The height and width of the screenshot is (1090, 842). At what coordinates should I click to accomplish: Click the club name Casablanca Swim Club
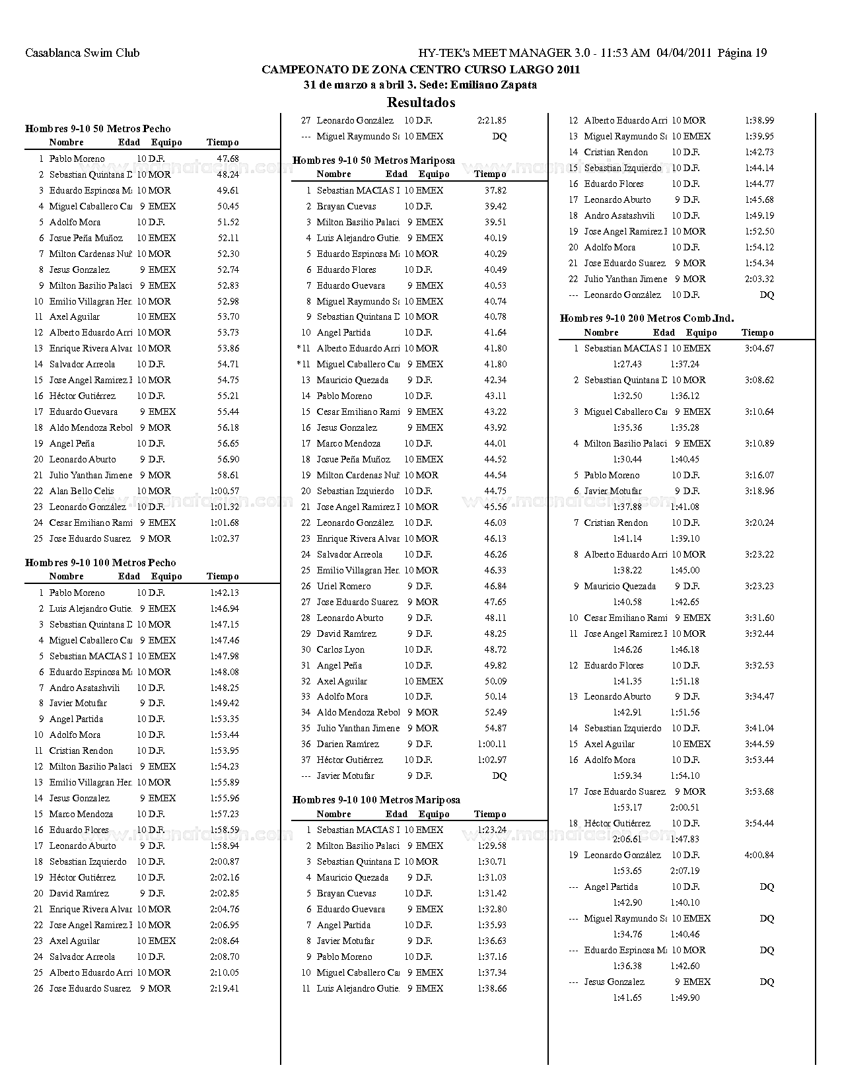[x=82, y=54]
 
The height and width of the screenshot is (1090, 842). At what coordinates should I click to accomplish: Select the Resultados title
[x=421, y=102]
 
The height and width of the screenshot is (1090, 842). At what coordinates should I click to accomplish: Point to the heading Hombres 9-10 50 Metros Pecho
[x=98, y=129]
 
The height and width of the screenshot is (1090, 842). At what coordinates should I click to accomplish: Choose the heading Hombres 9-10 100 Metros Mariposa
[x=376, y=800]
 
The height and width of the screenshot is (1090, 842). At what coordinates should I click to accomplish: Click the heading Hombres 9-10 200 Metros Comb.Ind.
[x=647, y=318]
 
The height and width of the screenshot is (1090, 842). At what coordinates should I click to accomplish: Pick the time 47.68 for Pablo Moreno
[x=228, y=159]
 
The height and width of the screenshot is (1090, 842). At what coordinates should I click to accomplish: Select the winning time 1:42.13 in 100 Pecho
[x=225, y=593]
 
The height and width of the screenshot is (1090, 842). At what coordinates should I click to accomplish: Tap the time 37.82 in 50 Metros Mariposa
[x=495, y=191]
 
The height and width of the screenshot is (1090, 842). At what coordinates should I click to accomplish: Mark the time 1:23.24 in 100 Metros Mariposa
[x=492, y=830]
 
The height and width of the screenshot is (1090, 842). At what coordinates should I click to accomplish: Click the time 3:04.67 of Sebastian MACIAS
[x=759, y=349]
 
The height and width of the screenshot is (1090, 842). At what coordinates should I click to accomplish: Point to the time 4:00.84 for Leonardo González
[x=759, y=855]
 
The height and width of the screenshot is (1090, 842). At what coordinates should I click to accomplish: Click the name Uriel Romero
[x=343, y=587]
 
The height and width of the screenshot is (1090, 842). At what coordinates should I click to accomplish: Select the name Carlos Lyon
[x=341, y=650]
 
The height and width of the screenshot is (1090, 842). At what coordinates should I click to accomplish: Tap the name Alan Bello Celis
[x=81, y=491]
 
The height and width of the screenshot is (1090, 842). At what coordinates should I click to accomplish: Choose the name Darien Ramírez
[x=347, y=745]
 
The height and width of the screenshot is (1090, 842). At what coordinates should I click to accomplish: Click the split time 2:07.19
[x=685, y=871]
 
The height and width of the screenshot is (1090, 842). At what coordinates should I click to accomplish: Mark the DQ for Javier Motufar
[x=499, y=776]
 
